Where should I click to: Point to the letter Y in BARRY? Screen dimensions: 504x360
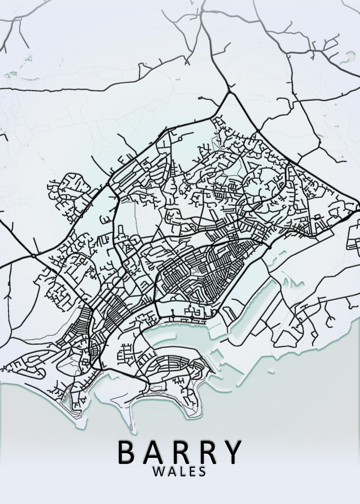tap(232, 451)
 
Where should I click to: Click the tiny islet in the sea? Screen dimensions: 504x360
tap(272, 371)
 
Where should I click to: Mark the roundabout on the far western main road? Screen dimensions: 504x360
tap(33, 255)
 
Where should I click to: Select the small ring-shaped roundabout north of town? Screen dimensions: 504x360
tap(180, 137)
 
